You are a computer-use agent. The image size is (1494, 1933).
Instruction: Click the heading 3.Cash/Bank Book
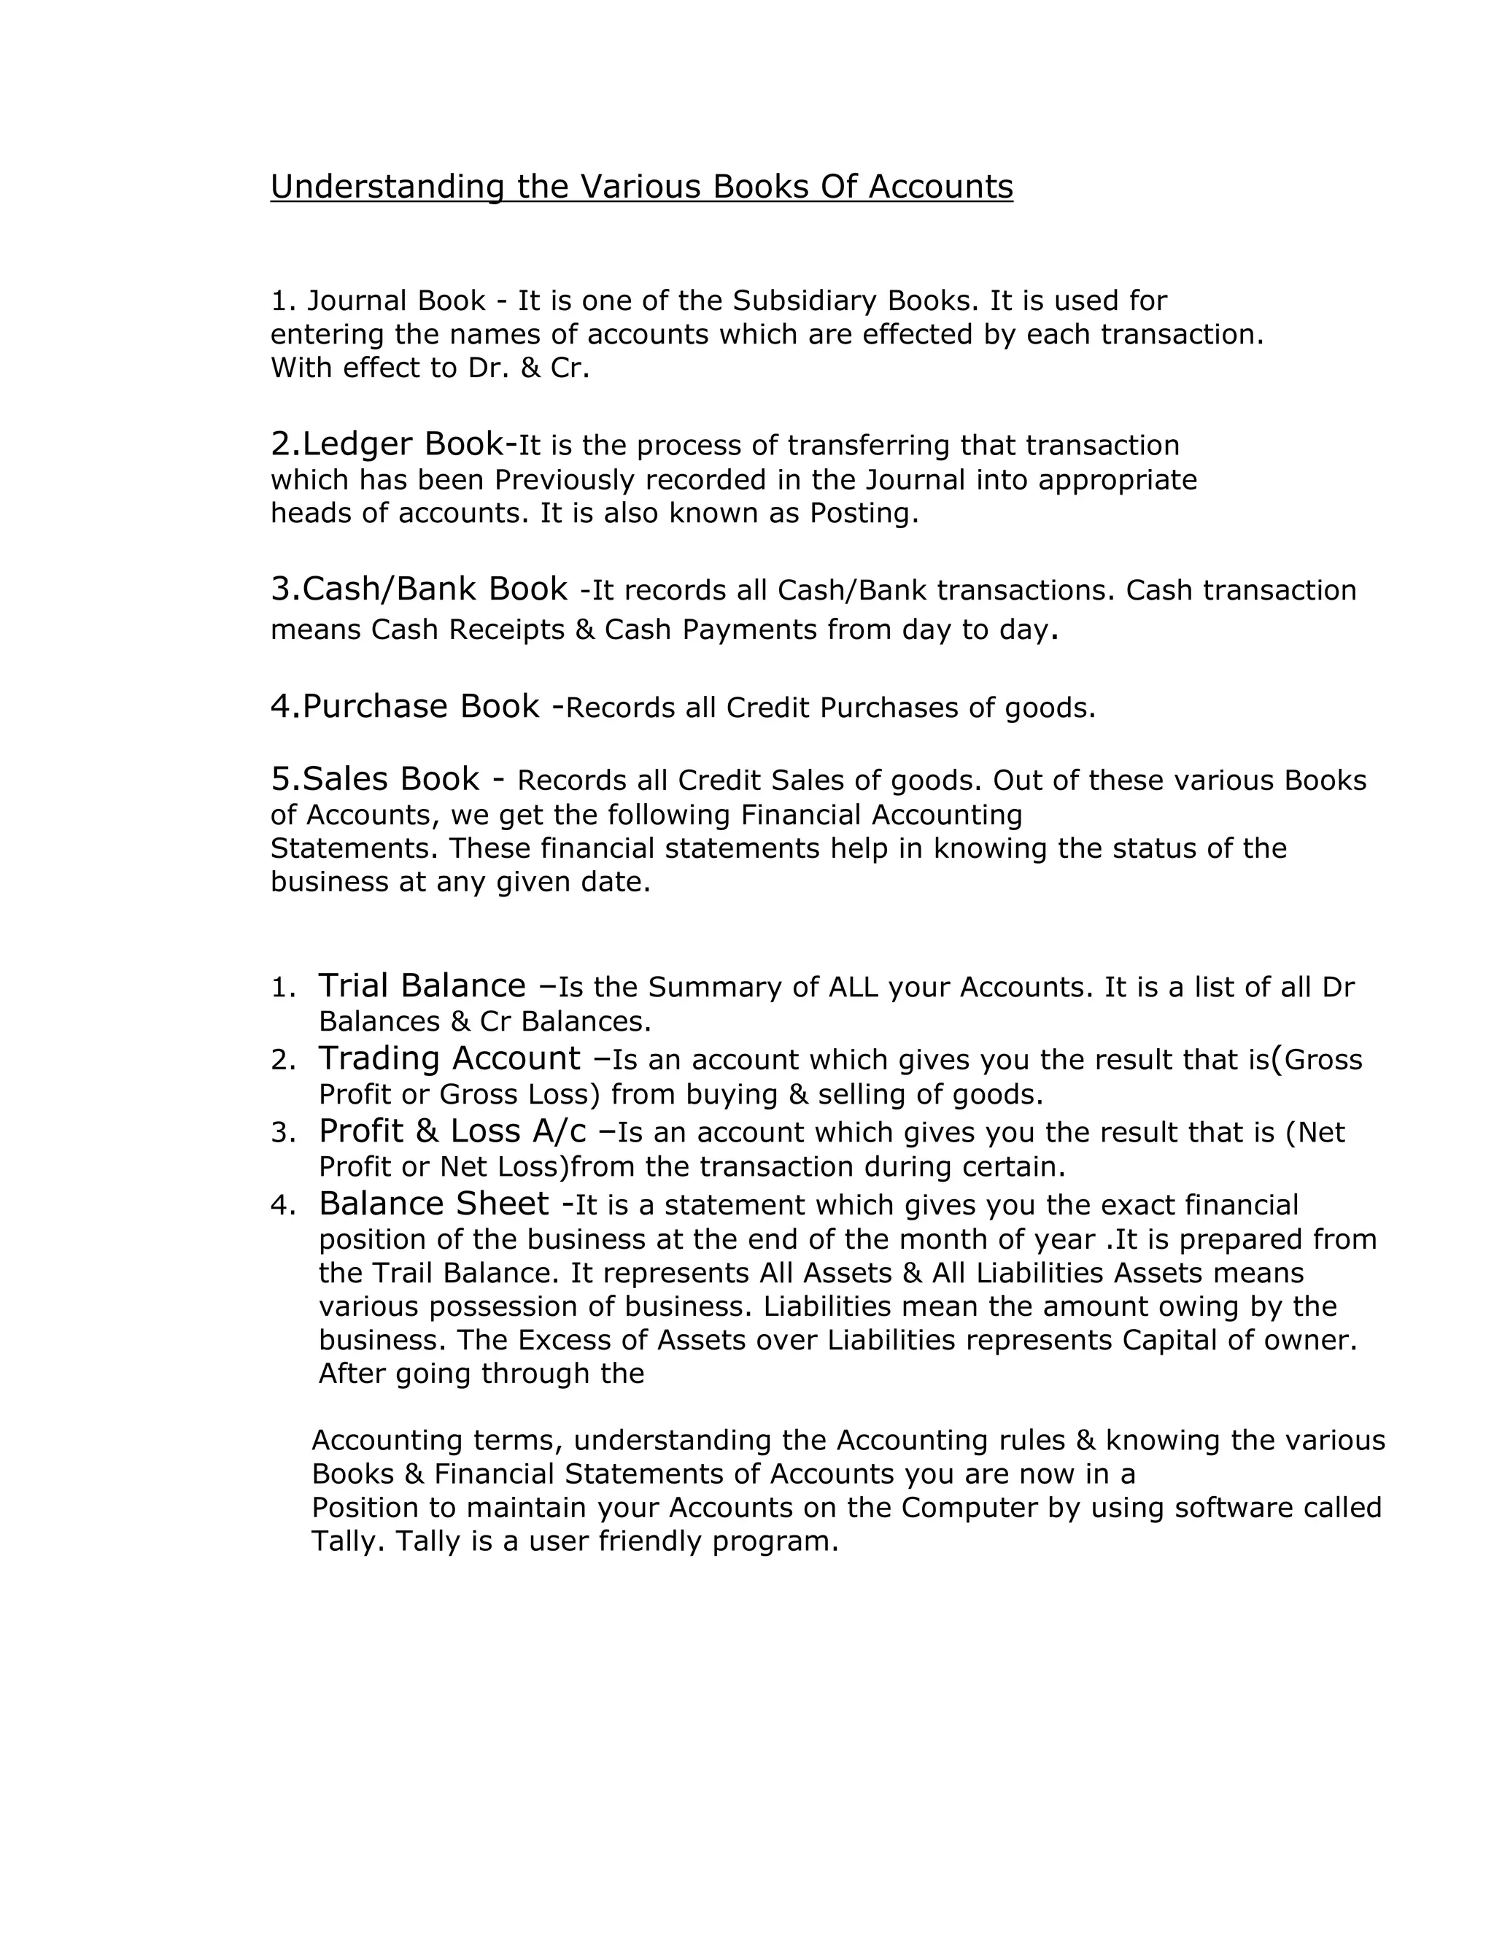click(x=419, y=589)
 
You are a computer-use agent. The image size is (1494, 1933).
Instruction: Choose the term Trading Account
click(x=449, y=1058)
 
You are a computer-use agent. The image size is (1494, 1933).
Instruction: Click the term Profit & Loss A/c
click(x=452, y=1131)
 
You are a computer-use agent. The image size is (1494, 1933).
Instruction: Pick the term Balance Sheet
click(x=434, y=1204)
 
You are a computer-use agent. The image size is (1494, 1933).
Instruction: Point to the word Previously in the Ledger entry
click(x=565, y=480)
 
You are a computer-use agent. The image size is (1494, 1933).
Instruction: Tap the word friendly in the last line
click(x=651, y=1541)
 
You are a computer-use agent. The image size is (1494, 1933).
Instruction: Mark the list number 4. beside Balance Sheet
click(x=282, y=1206)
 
